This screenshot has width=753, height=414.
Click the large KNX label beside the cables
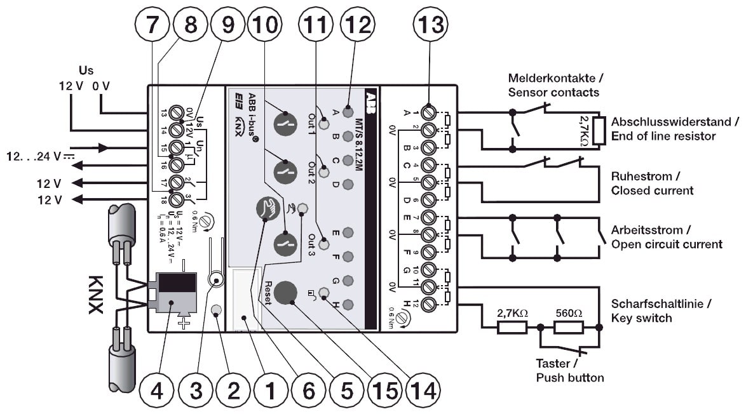coord(96,295)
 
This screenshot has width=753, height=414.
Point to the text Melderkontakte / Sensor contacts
coord(553,85)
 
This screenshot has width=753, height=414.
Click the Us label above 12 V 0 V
coord(86,69)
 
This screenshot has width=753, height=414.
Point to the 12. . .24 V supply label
coord(32,156)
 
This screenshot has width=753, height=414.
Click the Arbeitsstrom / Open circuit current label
coord(666,236)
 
